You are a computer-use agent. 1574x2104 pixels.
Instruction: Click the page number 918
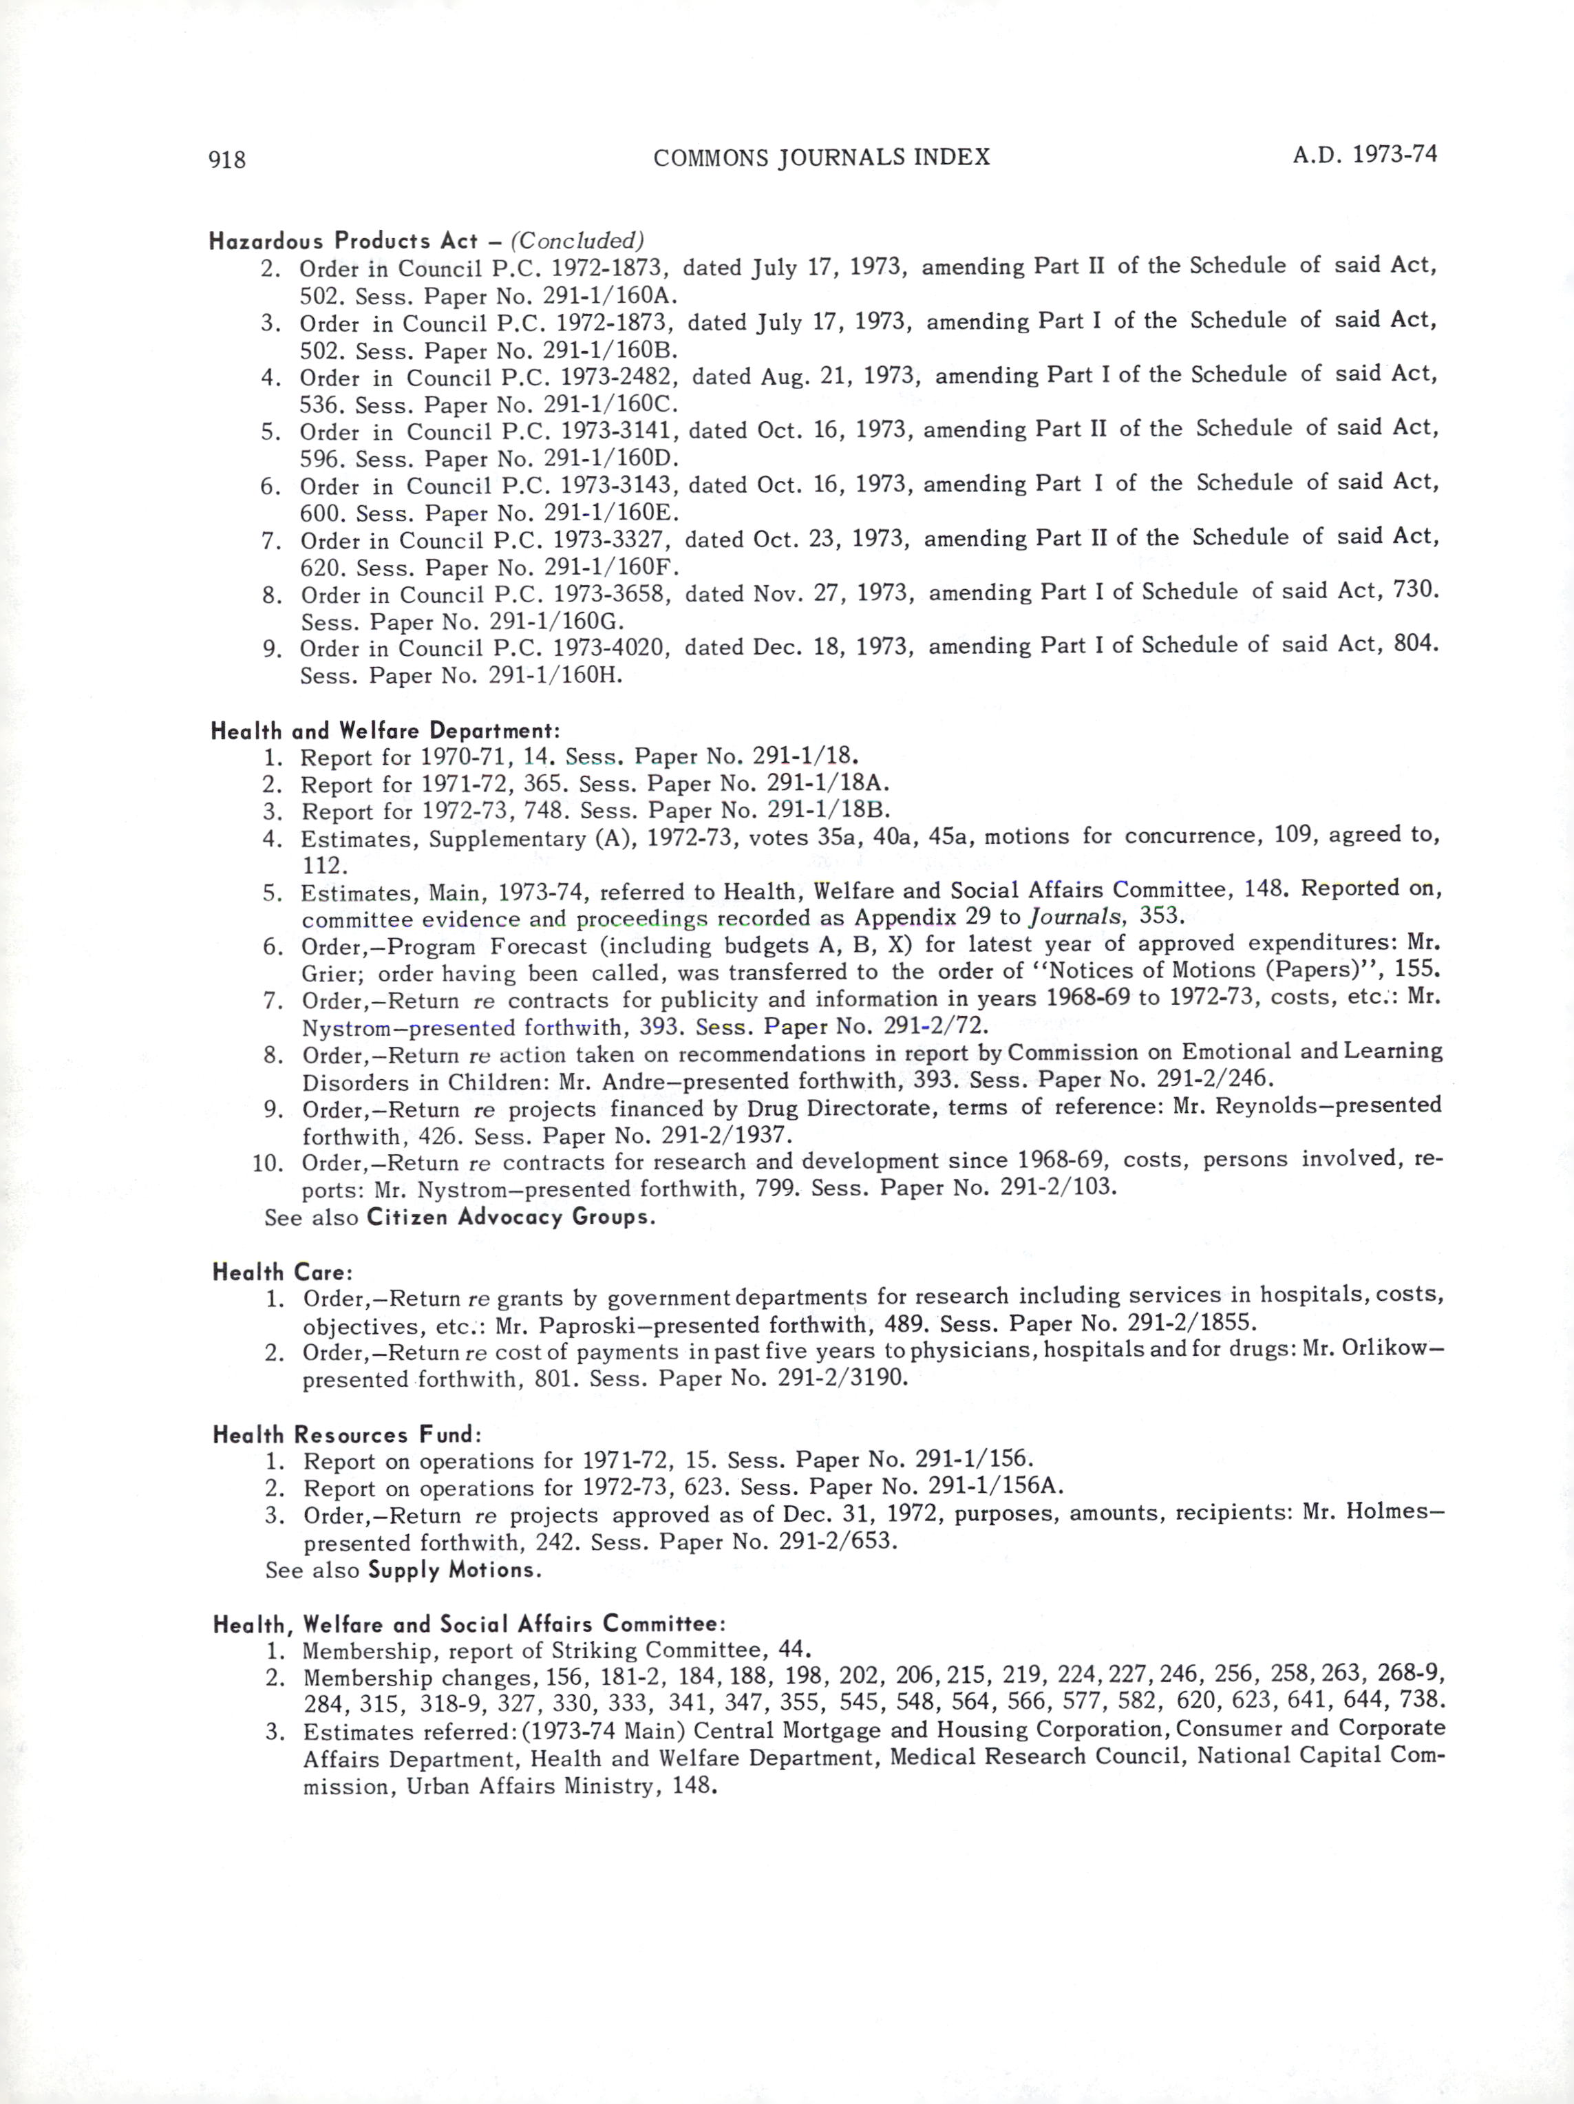click(227, 160)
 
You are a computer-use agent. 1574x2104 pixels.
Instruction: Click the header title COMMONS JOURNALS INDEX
click(822, 157)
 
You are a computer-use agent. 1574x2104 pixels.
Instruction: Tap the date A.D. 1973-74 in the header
click(1364, 154)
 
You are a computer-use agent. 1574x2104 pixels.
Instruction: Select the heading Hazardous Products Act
click(342, 241)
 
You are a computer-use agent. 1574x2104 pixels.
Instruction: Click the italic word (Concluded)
click(577, 240)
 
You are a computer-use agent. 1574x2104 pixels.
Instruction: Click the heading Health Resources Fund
click(346, 1434)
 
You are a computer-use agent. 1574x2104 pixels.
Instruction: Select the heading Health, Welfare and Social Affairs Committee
click(470, 1624)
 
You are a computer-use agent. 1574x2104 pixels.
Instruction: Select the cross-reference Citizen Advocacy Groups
click(511, 1217)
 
